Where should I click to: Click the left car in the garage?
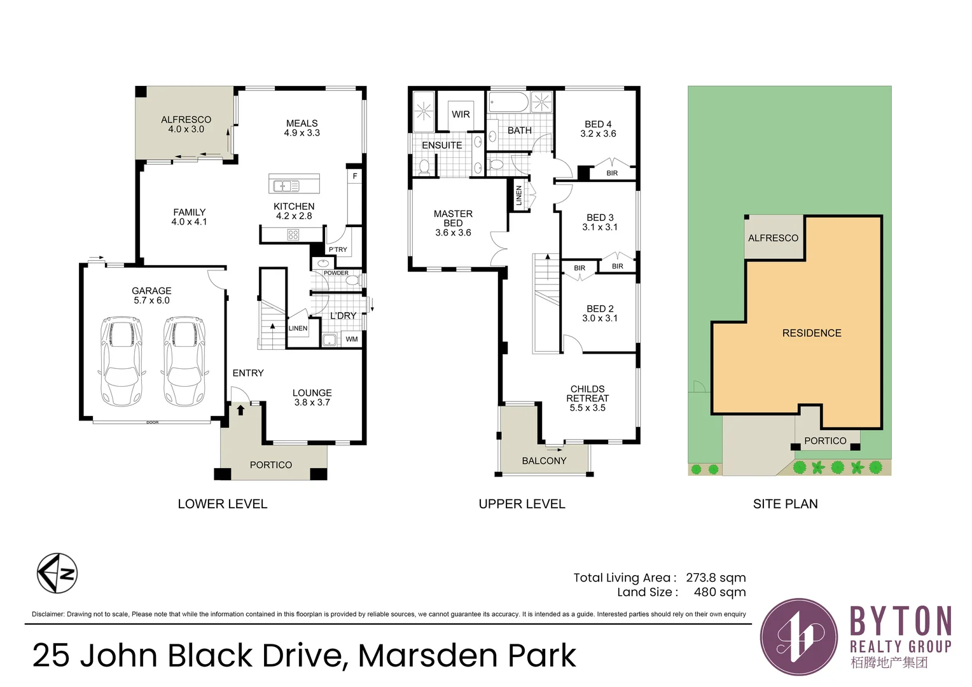pyautogui.click(x=121, y=361)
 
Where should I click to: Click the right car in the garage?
pyautogui.click(x=184, y=361)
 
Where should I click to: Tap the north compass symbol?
pyautogui.click(x=57, y=573)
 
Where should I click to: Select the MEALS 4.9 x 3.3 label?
pyautogui.click(x=302, y=128)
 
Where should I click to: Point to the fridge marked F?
pyautogui.click(x=354, y=176)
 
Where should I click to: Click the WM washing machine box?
pyautogui.click(x=352, y=339)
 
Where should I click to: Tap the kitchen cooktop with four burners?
pyautogui.click(x=293, y=235)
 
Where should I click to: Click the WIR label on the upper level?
pyautogui.click(x=461, y=114)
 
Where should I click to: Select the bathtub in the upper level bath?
pyautogui.click(x=508, y=102)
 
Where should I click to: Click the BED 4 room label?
pyautogui.click(x=598, y=128)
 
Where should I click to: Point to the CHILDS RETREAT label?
pyautogui.click(x=587, y=398)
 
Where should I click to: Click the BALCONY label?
pyautogui.click(x=544, y=461)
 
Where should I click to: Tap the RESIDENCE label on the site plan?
pyautogui.click(x=811, y=333)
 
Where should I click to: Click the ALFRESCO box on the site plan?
pyautogui.click(x=773, y=238)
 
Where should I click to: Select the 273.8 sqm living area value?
pyautogui.click(x=716, y=578)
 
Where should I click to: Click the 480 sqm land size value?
pyautogui.click(x=719, y=592)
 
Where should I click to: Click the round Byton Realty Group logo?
pyautogui.click(x=799, y=637)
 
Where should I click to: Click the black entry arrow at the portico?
pyautogui.click(x=240, y=410)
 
